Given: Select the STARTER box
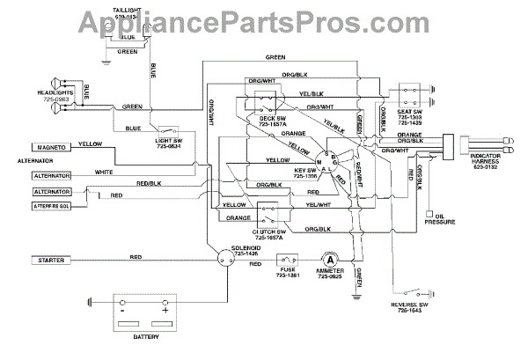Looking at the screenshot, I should [x=54, y=261].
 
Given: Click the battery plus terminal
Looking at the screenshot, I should [x=165, y=308].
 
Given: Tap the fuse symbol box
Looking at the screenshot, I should [x=289, y=260].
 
